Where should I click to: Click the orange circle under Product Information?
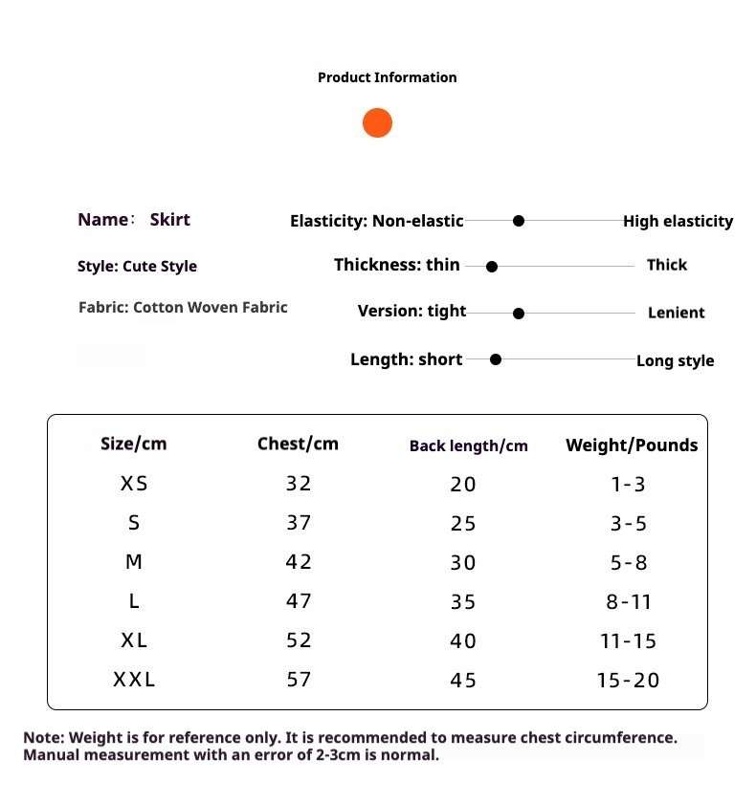click(x=377, y=122)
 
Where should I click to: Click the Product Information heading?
click(x=387, y=77)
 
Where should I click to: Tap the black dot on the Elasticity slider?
click(x=519, y=221)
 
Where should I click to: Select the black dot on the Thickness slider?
click(x=492, y=268)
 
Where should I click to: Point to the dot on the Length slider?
click(x=496, y=359)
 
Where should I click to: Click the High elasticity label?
click(x=678, y=222)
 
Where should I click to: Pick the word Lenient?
click(x=676, y=313)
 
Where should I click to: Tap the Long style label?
click(x=675, y=361)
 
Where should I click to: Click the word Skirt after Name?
click(x=169, y=220)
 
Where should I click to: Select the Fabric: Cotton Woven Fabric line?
click(x=183, y=308)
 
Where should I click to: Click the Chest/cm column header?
click(x=298, y=444)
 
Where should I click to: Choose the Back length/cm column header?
click(x=468, y=445)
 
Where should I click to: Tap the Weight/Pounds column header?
click(x=632, y=445)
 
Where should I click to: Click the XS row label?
click(x=134, y=484)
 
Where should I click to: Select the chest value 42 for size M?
click(x=299, y=562)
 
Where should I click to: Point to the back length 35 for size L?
click(x=463, y=602)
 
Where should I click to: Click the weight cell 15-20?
click(x=629, y=681)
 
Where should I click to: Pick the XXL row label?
click(x=134, y=681)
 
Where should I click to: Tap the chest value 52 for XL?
click(x=299, y=640)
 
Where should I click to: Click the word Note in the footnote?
click(x=42, y=738)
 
